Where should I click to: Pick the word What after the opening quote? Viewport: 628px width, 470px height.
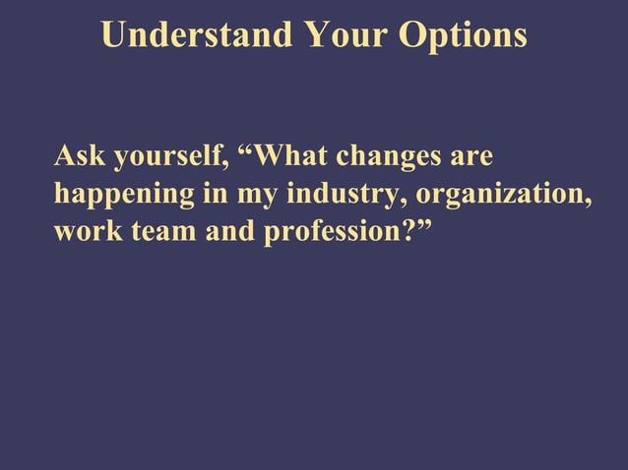pyautogui.click(x=293, y=157)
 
